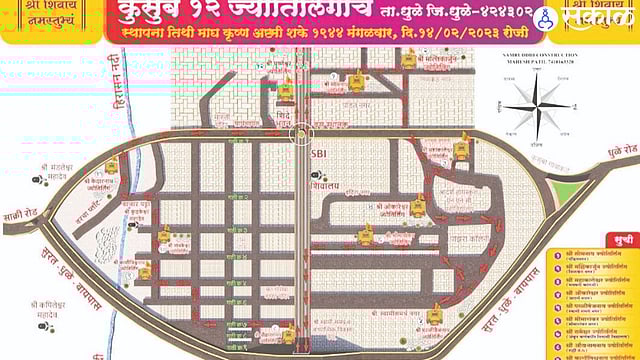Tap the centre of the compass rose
pyautogui.click(x=538, y=108)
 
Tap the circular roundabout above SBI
pyautogui.click(x=303, y=133)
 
